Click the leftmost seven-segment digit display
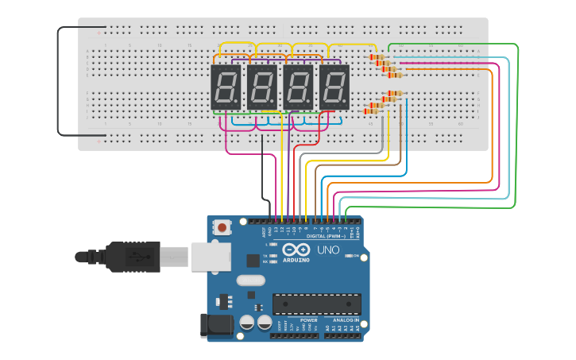[x=225, y=87]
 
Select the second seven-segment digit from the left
[x=261, y=87]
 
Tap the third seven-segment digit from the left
[x=298, y=87]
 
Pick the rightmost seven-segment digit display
[x=334, y=87]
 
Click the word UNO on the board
[x=328, y=250]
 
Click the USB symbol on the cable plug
[x=138, y=257]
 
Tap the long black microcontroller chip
[x=317, y=304]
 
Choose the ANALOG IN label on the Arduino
[x=346, y=320]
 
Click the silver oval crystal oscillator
[x=250, y=280]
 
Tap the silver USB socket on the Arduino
[x=211, y=256]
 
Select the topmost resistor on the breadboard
[x=377, y=57]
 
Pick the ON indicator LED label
[x=357, y=256]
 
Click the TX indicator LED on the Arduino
[x=273, y=255]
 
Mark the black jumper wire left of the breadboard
[x=57, y=79]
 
